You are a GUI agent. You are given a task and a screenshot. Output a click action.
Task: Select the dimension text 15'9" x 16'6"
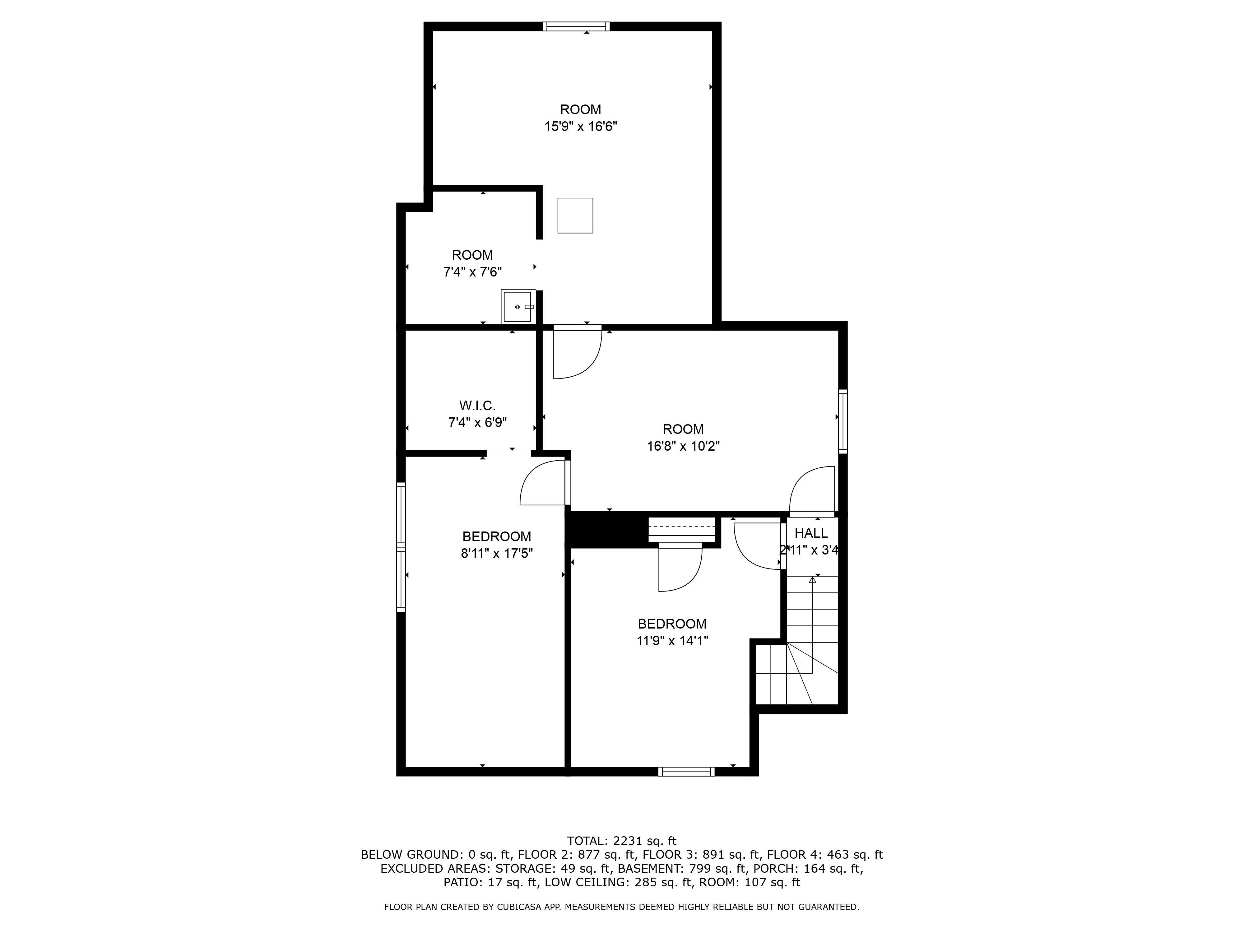[580, 127]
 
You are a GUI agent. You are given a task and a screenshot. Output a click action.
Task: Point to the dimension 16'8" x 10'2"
[683, 446]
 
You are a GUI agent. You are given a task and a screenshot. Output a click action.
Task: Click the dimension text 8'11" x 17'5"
[497, 553]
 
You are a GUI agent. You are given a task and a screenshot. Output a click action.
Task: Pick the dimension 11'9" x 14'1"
[672, 641]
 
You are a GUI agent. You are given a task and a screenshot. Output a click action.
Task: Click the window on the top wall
[576, 26]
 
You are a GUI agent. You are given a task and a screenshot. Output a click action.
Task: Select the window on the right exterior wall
[842, 421]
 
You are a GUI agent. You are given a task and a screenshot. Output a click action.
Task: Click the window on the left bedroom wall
[401, 547]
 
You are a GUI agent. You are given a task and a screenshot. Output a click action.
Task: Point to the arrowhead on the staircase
[812, 580]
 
